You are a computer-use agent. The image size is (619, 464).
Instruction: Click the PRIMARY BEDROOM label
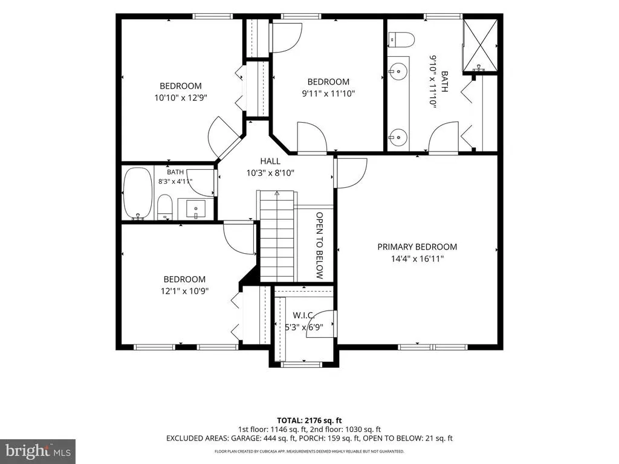point(417,247)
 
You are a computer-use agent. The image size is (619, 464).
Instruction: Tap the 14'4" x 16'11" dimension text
point(417,259)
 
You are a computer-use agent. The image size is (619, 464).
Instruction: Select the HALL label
point(270,161)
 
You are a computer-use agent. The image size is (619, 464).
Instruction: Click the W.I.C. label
point(303,315)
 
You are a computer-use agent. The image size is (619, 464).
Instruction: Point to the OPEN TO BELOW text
point(320,245)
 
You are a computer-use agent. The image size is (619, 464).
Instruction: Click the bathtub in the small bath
point(138,193)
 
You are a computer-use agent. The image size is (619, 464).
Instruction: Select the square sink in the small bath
point(196,208)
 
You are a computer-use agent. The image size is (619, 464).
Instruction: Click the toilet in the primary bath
point(401,39)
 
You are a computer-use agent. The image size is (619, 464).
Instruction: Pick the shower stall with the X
point(480,46)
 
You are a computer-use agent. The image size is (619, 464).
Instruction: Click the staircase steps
point(277,236)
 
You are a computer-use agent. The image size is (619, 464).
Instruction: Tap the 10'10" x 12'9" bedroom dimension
point(181,98)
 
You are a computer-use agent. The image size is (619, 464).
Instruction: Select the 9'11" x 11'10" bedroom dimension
point(328,94)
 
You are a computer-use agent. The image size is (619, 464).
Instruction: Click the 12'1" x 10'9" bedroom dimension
point(184,291)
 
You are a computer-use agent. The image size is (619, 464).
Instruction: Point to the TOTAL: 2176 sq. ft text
point(309,420)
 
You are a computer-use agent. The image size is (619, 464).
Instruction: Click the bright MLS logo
point(38,451)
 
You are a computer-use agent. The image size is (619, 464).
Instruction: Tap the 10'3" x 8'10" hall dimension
point(270,173)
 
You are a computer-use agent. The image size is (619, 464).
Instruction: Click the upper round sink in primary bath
point(398,72)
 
